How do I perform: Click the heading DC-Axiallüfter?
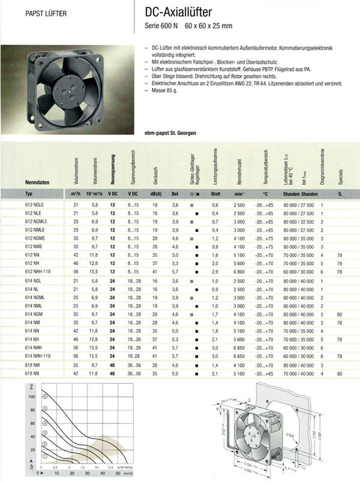click(178, 14)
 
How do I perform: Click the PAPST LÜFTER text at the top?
click(46, 14)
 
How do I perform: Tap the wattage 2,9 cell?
click(215, 271)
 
